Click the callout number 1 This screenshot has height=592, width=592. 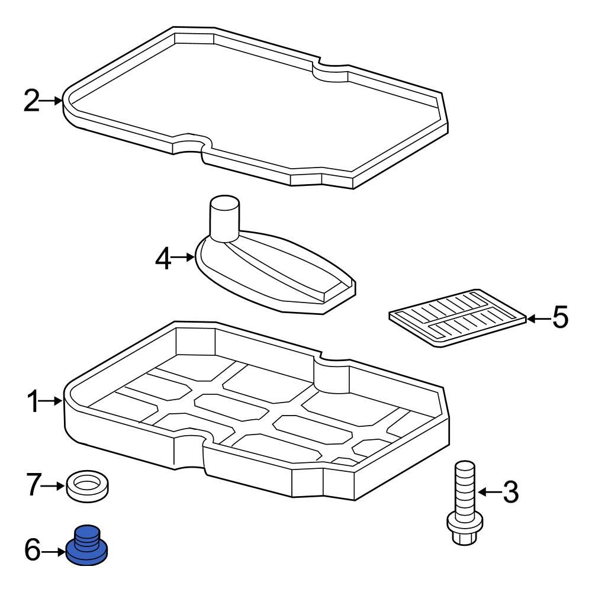(33, 403)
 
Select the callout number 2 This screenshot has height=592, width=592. (31, 101)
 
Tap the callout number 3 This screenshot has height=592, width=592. (510, 493)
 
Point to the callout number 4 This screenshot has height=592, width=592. (164, 258)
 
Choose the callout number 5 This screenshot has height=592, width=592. (559, 318)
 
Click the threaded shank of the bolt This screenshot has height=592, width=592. (464, 485)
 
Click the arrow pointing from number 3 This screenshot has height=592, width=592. (489, 493)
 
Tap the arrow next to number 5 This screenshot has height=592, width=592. (539, 318)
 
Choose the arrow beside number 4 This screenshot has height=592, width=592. (185, 258)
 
